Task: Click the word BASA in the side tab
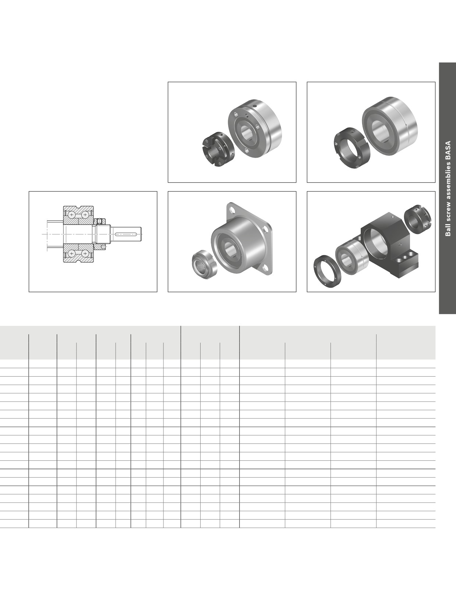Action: [x=448, y=150]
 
